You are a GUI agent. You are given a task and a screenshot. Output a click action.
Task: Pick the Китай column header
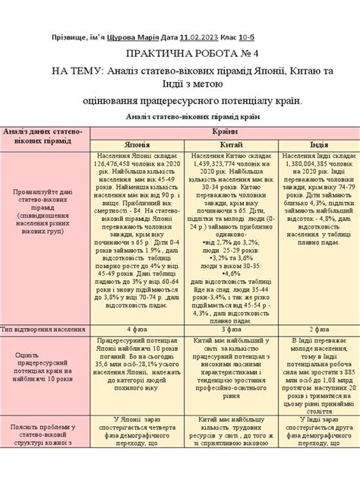(x=231, y=144)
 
